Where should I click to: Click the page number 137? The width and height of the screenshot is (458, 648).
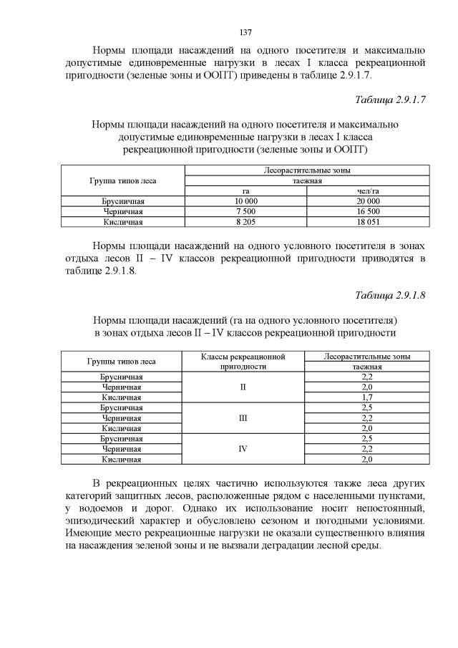(245, 32)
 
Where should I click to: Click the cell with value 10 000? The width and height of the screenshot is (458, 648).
(245, 202)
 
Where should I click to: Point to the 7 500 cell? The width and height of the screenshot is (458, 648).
(245, 212)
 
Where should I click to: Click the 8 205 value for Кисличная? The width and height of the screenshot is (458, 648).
(245, 222)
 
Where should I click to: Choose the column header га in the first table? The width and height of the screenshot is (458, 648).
(245, 191)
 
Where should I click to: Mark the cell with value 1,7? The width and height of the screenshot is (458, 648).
(367, 397)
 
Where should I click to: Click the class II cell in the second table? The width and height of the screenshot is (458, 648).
(243, 387)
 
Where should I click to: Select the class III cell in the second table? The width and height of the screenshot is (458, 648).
(243, 417)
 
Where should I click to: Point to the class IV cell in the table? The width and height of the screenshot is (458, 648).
(243, 449)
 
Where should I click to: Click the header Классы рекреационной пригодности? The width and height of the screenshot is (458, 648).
(243, 361)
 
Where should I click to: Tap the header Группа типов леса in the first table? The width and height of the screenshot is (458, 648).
(122, 180)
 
